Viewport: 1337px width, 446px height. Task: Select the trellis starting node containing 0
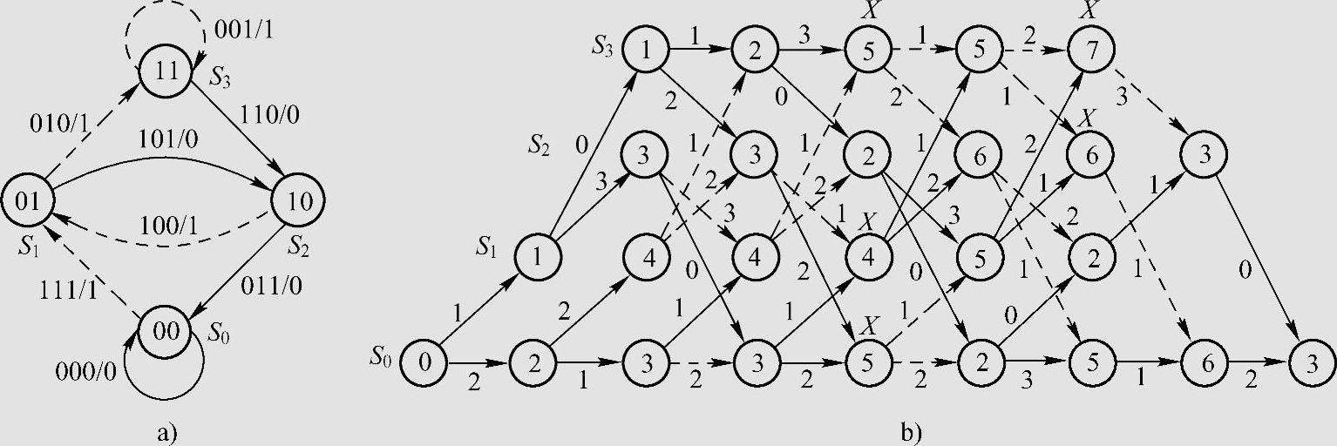pos(424,364)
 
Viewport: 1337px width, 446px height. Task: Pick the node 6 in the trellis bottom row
pos(1203,364)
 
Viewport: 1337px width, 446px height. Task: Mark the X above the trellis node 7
pos(1091,10)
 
